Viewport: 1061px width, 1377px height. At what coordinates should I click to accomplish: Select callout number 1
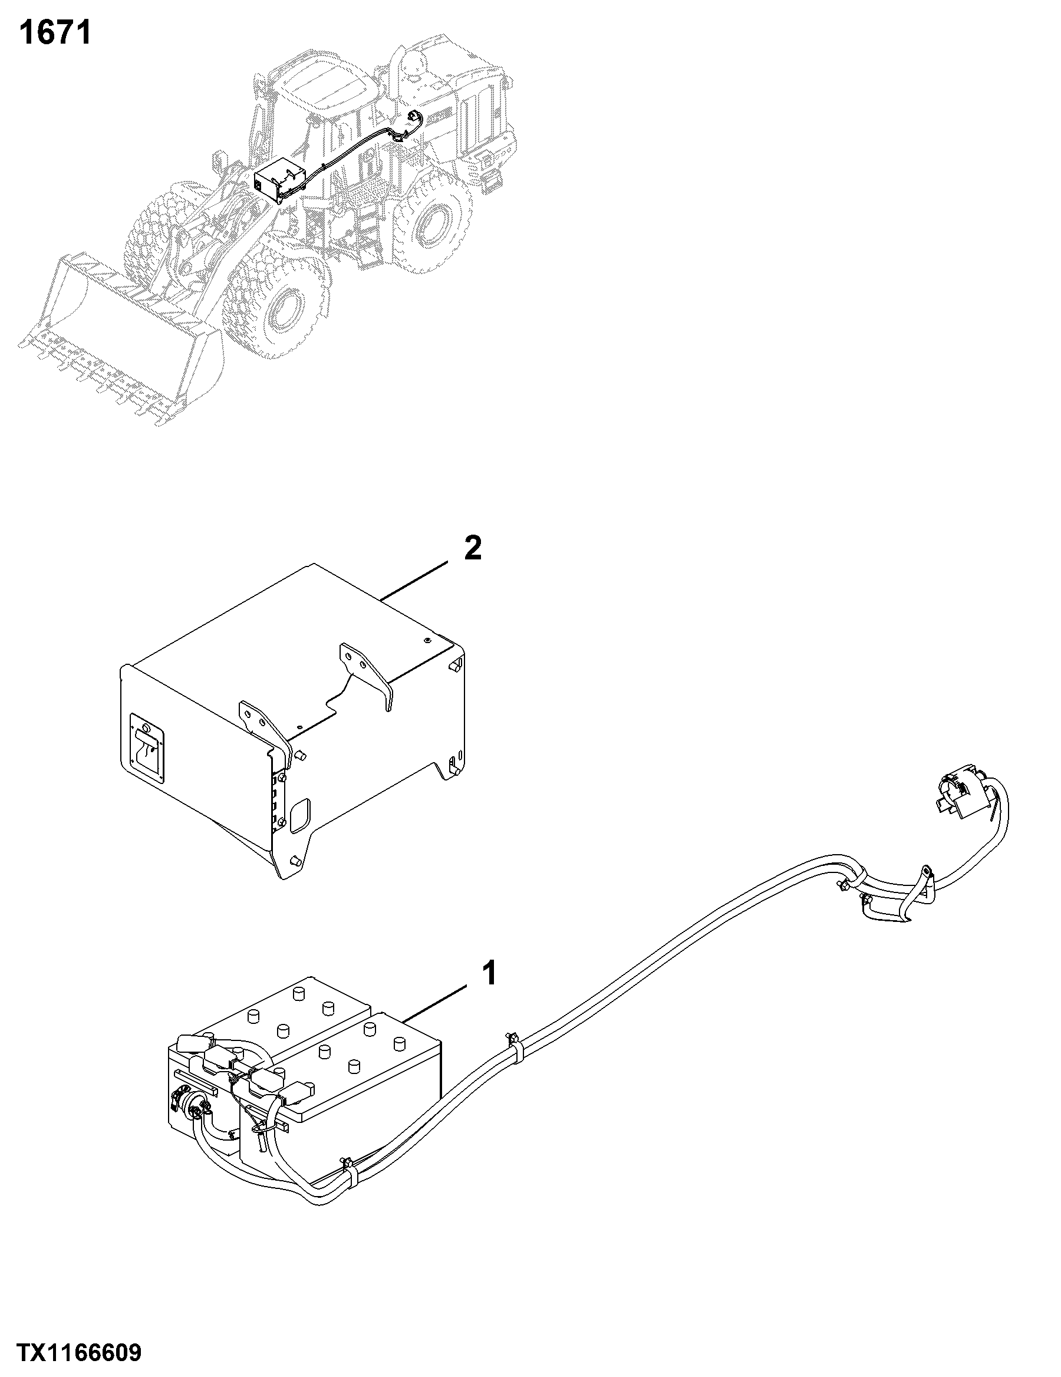pos(489,973)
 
